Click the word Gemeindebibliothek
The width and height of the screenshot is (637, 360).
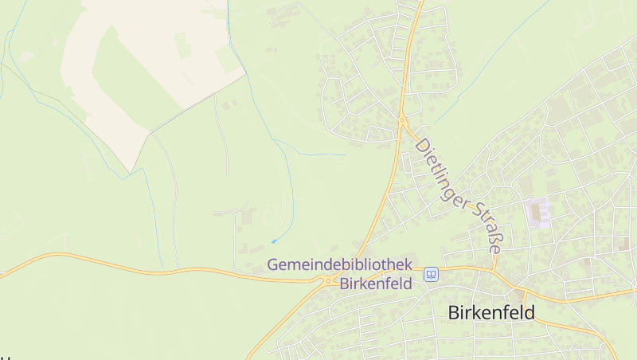tap(338, 264)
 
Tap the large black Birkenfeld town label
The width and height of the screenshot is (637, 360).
tap(491, 312)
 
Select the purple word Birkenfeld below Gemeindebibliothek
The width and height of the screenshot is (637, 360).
tap(375, 283)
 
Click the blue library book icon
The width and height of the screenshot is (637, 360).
tap(431, 274)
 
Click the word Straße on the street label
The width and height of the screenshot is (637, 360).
tap(487, 229)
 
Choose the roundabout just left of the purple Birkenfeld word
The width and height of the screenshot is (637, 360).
tap(327, 280)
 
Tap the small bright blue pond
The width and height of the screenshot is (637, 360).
tap(274, 241)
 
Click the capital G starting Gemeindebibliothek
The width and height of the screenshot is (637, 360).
tap(273, 264)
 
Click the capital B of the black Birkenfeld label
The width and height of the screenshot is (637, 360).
tap(455, 312)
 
